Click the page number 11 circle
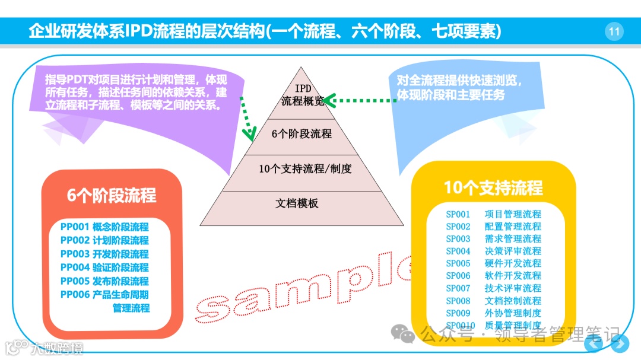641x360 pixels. tap(614, 31)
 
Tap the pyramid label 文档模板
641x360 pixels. tap(297, 203)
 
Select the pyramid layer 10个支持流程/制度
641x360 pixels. tap(305, 168)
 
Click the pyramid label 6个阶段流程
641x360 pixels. tap(302, 134)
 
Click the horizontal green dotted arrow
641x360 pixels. tap(359, 100)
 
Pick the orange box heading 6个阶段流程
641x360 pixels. tap(112, 196)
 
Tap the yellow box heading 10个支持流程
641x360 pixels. tap(493, 188)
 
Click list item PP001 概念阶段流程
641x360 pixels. tap(104, 227)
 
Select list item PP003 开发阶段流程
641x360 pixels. tap(104, 254)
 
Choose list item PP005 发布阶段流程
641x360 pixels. tap(104, 281)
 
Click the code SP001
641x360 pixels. tap(458, 214)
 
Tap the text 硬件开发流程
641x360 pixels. tap(513, 263)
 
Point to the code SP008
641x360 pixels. tap(458, 301)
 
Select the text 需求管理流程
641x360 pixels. tap(513, 238)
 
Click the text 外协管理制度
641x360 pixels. tap(513, 313)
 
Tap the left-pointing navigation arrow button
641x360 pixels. tap(594, 342)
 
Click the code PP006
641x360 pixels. tap(74, 295)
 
